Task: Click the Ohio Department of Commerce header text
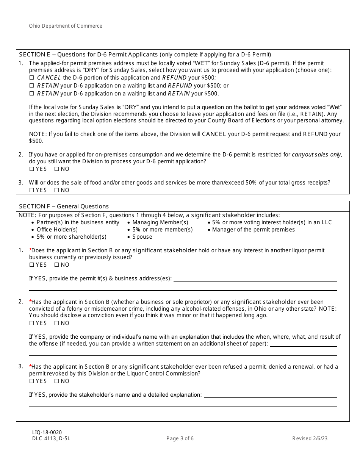coord(66,26)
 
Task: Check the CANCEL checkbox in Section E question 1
coord(32,78)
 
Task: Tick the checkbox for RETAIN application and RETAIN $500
coord(32,94)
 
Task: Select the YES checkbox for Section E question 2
coord(32,169)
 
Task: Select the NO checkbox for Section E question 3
coord(56,190)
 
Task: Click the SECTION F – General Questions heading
coord(64,206)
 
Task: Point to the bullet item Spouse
coord(142,237)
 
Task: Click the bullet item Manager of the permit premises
coord(253,230)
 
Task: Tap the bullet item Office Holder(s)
coord(57,230)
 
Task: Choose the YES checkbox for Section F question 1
coord(32,265)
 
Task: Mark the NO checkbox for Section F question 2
coord(56,323)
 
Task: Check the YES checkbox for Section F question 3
coord(32,381)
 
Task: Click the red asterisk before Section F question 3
coord(30,366)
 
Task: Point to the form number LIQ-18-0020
coord(47,432)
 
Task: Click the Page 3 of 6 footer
coord(180,439)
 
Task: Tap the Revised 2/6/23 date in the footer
coord(310,439)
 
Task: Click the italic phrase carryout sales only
coord(316,155)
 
